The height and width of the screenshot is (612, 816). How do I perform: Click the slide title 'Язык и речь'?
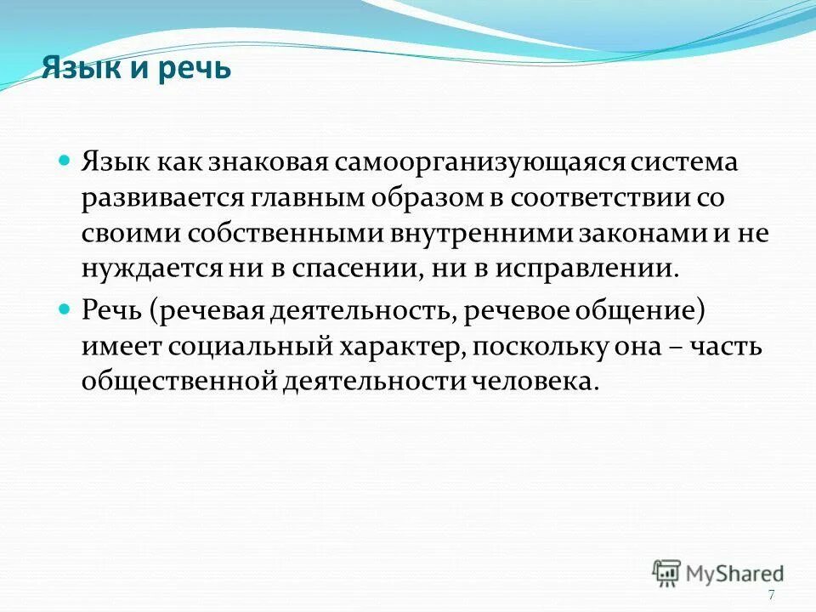point(136,67)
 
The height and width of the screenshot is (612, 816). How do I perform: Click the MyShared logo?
point(719,571)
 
